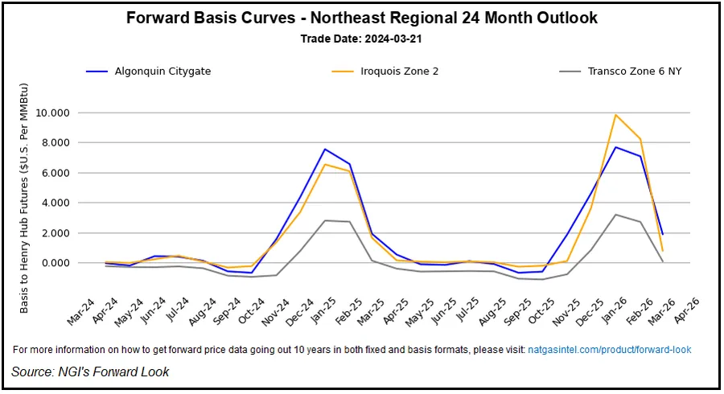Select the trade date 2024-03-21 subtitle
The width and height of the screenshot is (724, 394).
pos(361,39)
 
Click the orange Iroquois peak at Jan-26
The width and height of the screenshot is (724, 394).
pos(615,115)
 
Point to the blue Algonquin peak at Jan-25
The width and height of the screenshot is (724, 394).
pos(324,149)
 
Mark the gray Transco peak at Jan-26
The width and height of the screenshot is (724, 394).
pos(615,215)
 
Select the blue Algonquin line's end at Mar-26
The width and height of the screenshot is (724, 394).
pos(662,234)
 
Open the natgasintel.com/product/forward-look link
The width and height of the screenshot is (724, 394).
pos(609,350)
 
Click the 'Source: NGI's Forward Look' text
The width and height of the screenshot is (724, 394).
pos(90,371)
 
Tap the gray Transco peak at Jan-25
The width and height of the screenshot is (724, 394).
pos(324,220)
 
